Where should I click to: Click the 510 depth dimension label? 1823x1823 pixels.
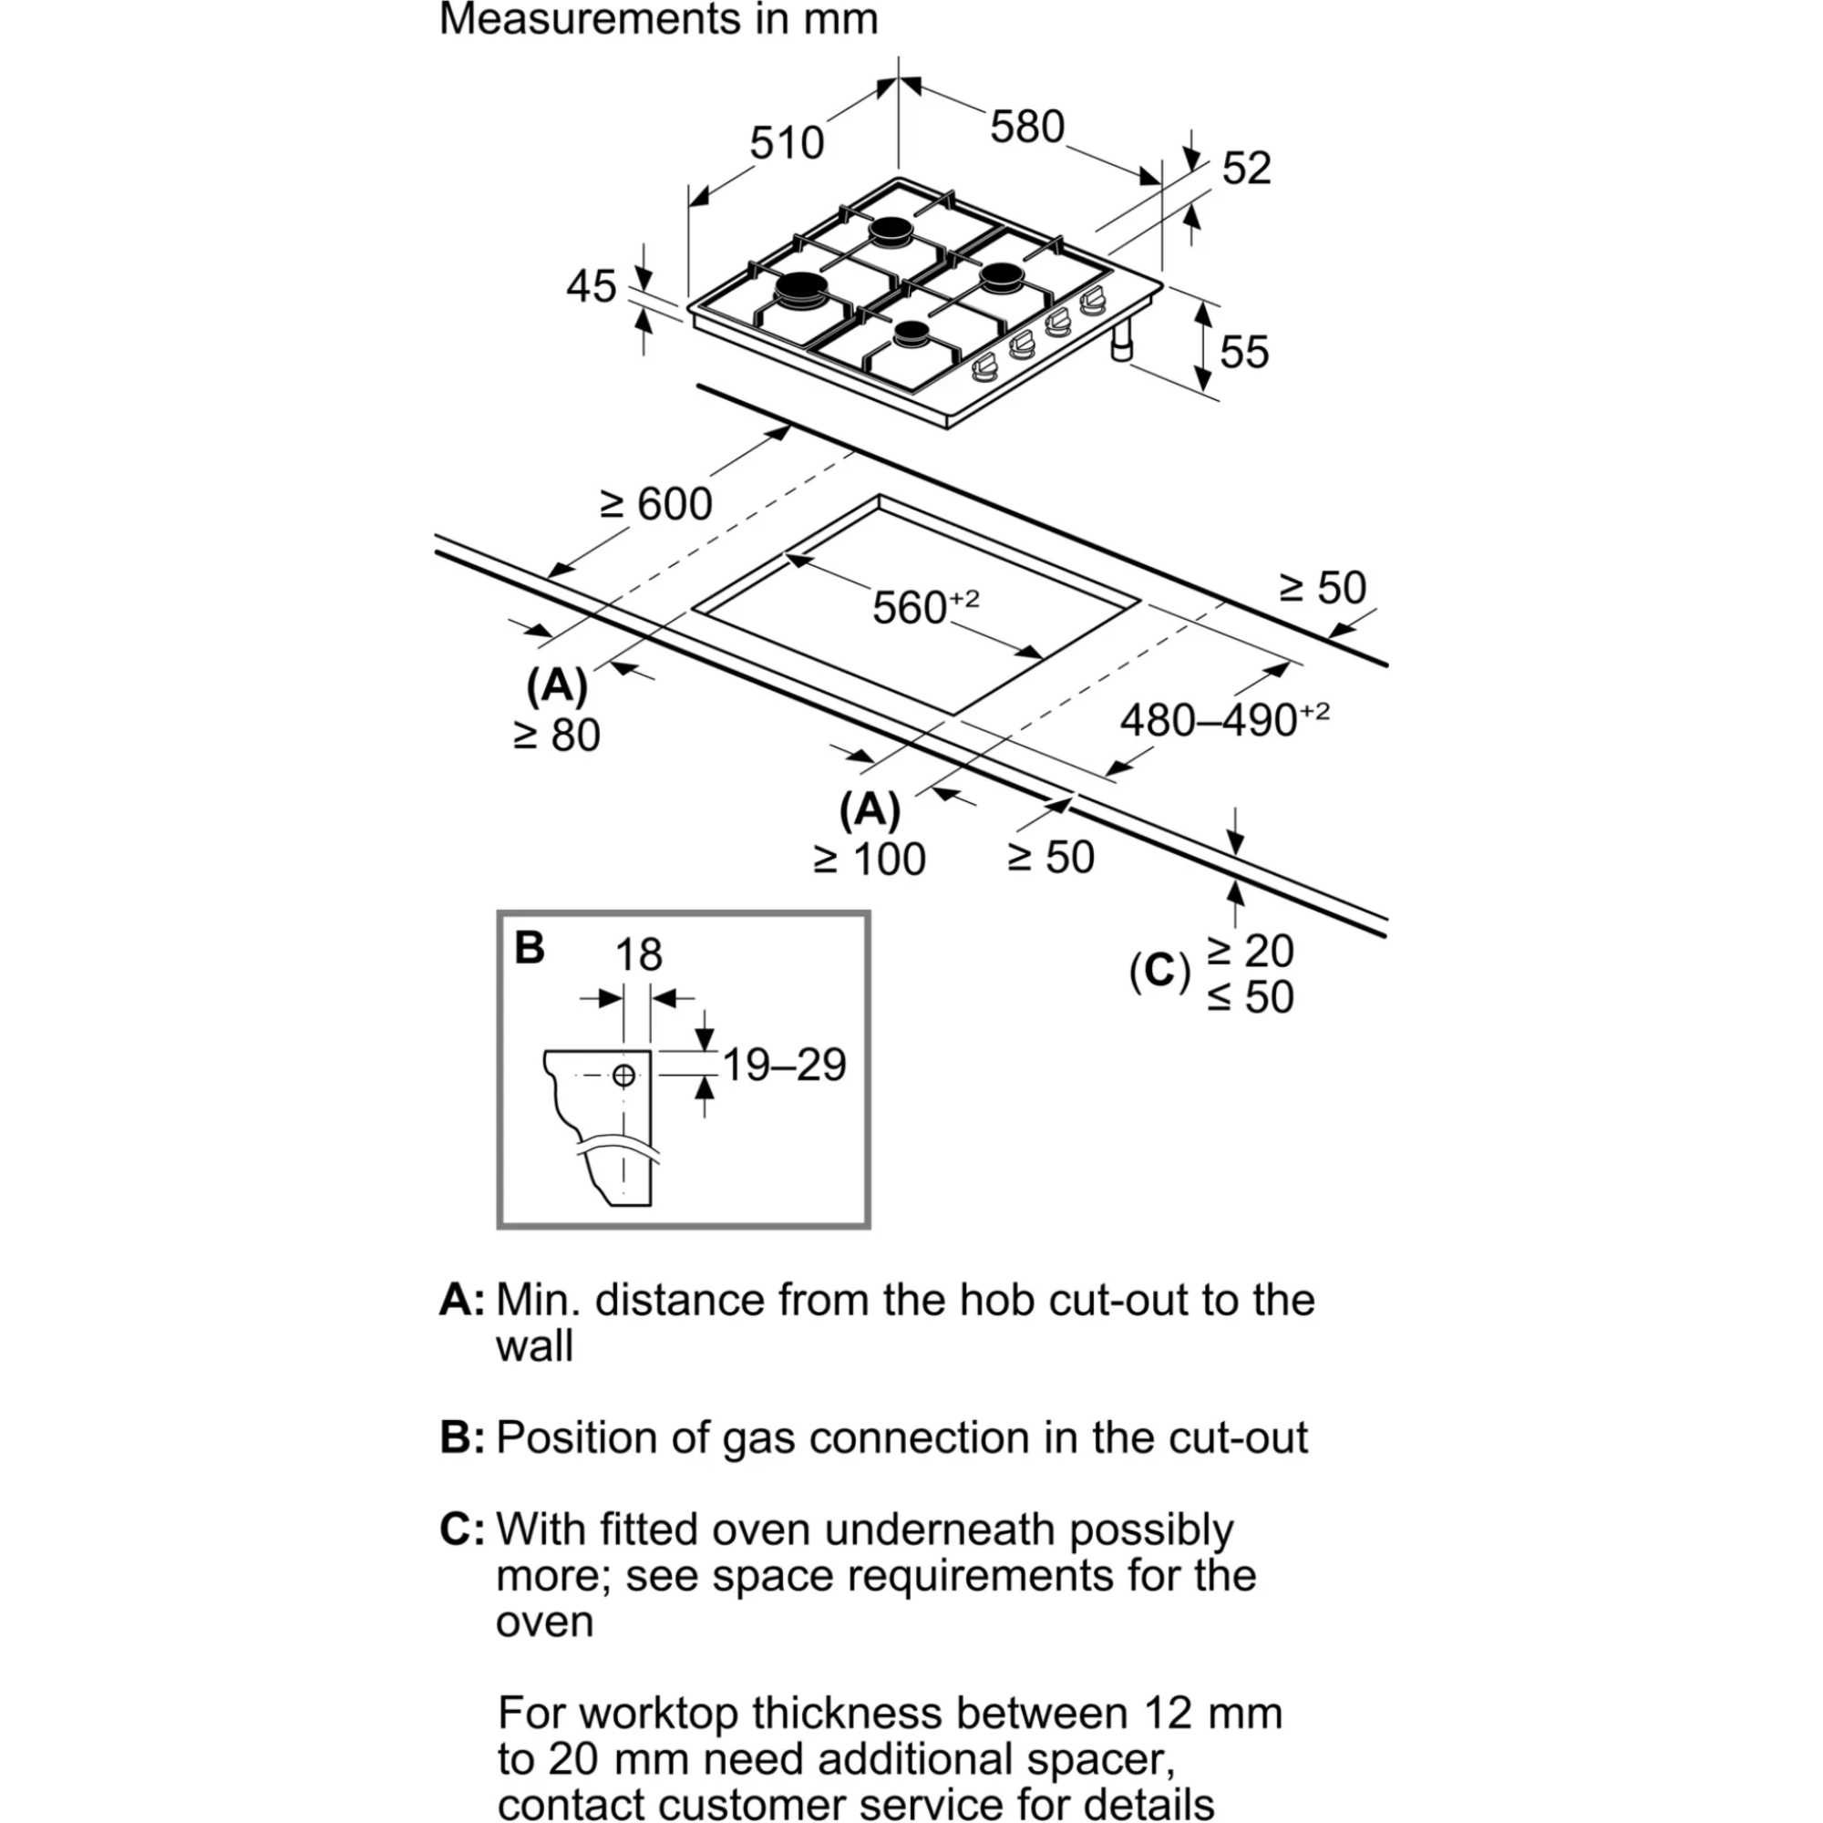click(x=786, y=143)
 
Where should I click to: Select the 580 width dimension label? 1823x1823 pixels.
click(x=1026, y=127)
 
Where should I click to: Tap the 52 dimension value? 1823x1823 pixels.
click(x=1246, y=168)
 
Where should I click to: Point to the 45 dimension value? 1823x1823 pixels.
click(x=591, y=286)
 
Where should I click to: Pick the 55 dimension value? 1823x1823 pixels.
click(x=1244, y=352)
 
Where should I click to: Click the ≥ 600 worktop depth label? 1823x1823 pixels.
click(x=655, y=504)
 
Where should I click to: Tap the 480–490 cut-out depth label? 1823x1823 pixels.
click(x=1224, y=720)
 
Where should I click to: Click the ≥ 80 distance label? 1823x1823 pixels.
click(x=557, y=736)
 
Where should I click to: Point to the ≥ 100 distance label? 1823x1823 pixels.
click(x=869, y=860)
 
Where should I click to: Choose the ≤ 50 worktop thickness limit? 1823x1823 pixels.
click(x=1250, y=997)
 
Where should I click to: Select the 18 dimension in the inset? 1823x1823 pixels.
click(x=639, y=955)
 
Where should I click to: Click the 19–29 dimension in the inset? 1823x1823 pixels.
click(x=784, y=1066)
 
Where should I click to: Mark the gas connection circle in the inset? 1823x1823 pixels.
click(x=623, y=1075)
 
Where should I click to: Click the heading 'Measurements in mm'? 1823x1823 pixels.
click(x=658, y=20)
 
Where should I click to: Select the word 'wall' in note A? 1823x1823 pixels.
click(x=534, y=1345)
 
